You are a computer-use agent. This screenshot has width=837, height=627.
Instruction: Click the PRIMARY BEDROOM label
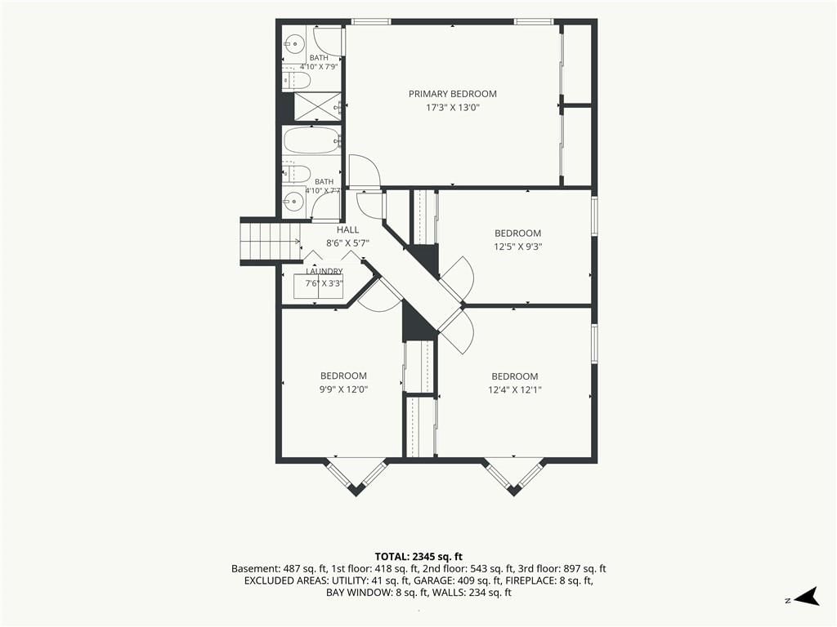pos(453,94)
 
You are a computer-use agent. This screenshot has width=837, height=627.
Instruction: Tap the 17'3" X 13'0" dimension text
pos(453,108)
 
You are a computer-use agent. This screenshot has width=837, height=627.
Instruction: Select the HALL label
pos(348,229)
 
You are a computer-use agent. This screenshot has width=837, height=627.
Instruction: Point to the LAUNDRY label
pos(324,271)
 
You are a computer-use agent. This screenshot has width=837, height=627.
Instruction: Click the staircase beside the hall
pos(270,241)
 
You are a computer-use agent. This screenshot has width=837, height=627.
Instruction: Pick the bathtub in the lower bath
pos(311,140)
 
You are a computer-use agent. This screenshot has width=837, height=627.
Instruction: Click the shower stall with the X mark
pos(318,107)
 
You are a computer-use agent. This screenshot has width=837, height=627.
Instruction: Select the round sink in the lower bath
pos(293,201)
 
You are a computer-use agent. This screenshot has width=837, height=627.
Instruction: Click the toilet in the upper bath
pos(296,81)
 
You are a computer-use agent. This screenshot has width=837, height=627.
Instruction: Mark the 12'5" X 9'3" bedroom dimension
pos(517,247)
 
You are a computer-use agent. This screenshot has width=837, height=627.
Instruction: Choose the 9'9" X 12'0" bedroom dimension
pos(343,389)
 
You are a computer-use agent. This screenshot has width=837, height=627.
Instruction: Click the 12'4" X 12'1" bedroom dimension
pos(515,389)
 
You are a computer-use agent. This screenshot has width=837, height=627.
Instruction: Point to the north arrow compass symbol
pos(807,597)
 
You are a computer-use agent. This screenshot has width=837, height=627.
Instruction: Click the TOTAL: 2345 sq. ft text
pos(418,557)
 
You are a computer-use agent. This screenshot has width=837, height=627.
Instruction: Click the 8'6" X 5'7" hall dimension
pos(348,243)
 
